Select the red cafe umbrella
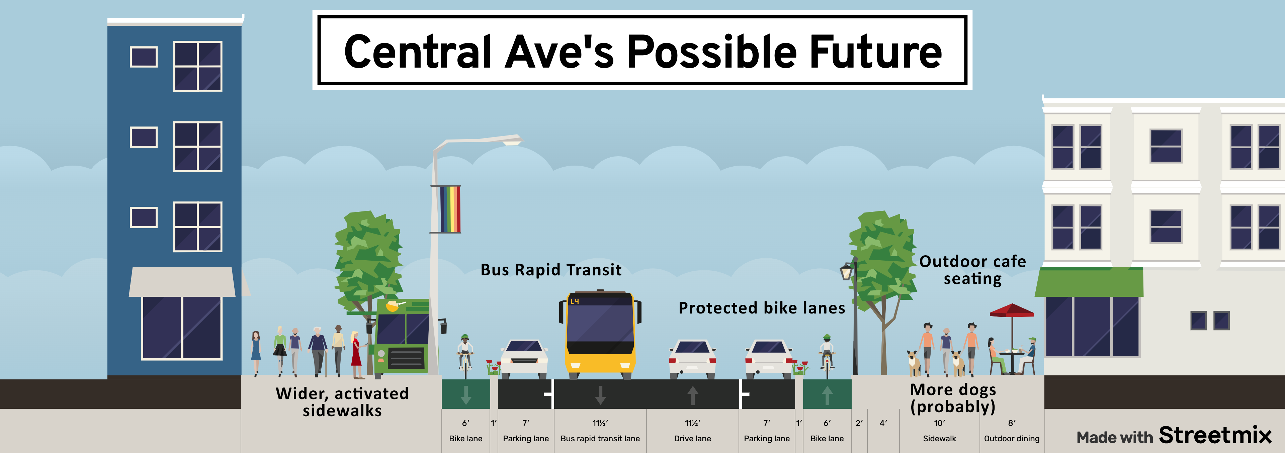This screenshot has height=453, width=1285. [x=1012, y=311]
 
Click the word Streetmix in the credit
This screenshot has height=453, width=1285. [x=1215, y=435]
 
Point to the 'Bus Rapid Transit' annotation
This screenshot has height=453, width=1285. [x=551, y=270]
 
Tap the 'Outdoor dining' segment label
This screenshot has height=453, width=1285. [x=1012, y=439]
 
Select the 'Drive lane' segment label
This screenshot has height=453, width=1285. [x=692, y=439]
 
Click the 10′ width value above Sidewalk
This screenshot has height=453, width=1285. [x=939, y=423]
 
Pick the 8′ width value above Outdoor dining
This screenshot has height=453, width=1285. [x=1012, y=423]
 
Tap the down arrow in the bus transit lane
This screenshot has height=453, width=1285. [x=601, y=395]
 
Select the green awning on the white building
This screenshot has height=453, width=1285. [x=1089, y=282]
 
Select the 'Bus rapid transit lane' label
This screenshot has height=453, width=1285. [x=600, y=439]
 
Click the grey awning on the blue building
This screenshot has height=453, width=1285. [x=182, y=282]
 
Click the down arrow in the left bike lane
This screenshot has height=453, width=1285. [x=466, y=395]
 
